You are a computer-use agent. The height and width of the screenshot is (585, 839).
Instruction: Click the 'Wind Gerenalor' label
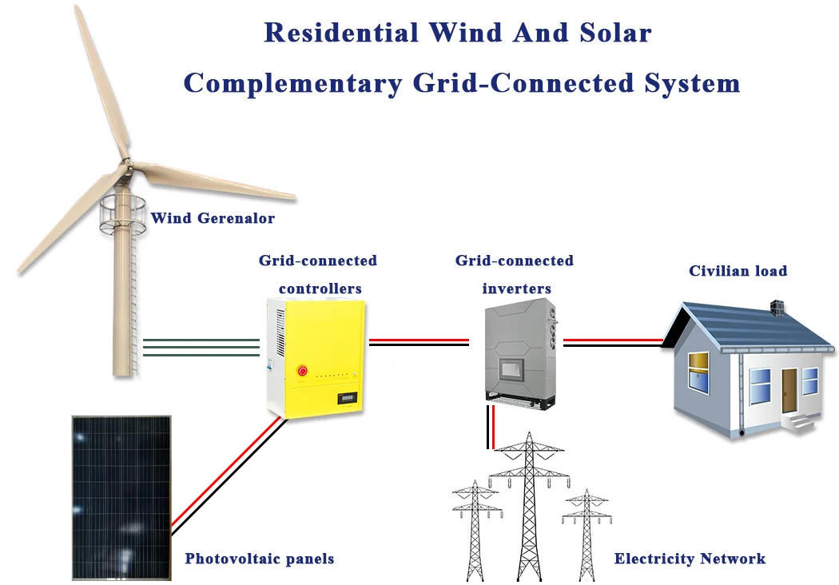click(212, 217)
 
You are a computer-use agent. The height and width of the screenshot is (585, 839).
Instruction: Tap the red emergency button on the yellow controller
click(302, 370)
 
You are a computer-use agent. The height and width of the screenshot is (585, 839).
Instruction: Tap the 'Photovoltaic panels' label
click(259, 559)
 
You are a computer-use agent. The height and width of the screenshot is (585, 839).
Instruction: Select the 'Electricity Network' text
click(690, 559)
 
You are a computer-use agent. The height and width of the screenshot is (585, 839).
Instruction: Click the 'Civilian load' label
click(738, 271)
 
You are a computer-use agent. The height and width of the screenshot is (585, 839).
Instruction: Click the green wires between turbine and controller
click(201, 346)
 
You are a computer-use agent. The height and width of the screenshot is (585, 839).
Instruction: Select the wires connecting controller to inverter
click(418, 342)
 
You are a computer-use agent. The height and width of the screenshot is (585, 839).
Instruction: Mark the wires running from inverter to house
click(612, 342)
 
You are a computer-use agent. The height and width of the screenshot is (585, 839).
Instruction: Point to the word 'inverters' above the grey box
click(516, 288)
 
